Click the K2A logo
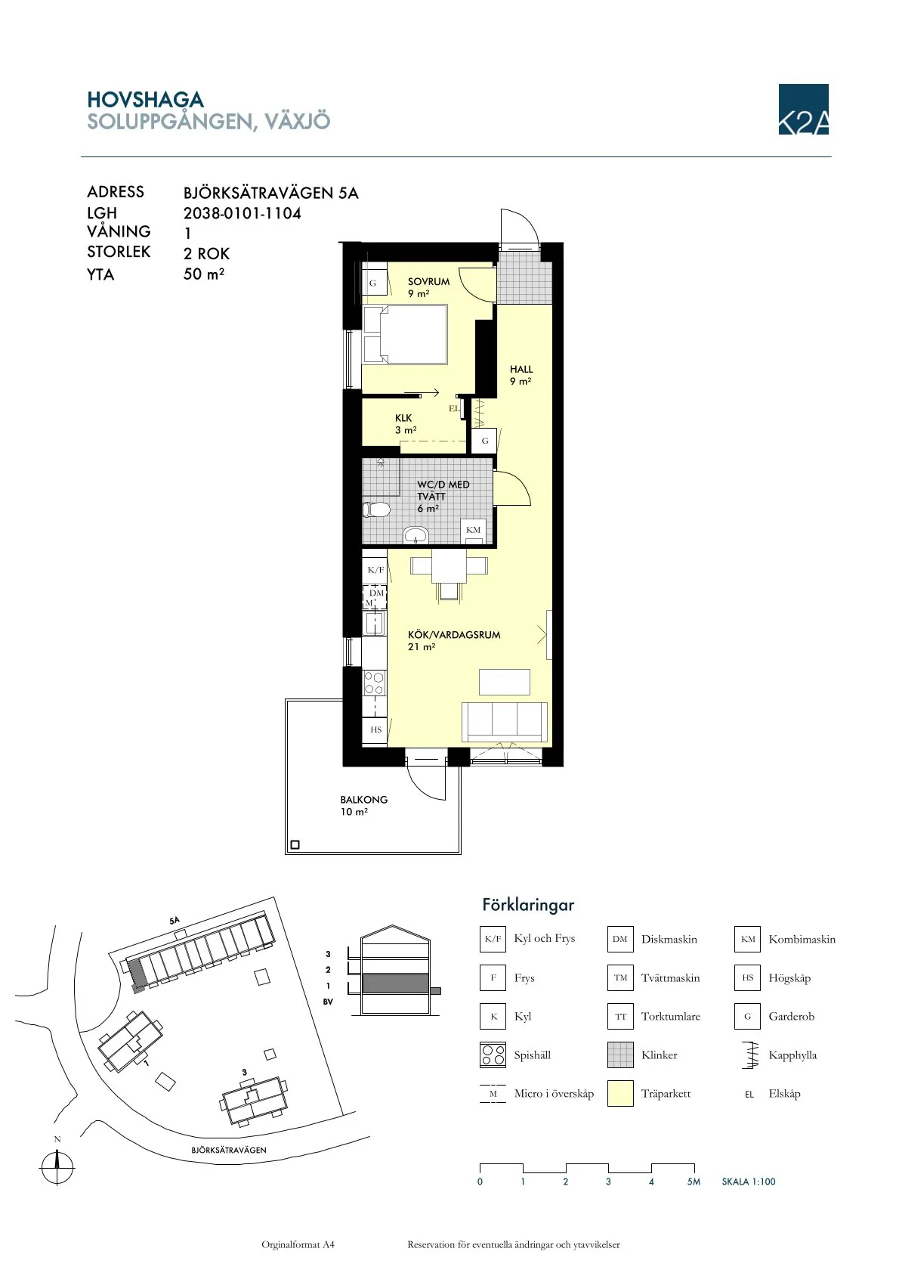[x=803, y=110]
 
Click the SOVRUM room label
[x=428, y=282]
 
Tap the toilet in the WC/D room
[x=375, y=510]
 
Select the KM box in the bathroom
[x=473, y=530]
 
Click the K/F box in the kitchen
[x=375, y=570]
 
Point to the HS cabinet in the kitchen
[x=375, y=729]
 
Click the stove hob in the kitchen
[x=374, y=683]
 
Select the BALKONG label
[x=363, y=800]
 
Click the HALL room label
[x=521, y=370]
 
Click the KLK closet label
[x=403, y=418]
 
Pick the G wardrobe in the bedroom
[x=372, y=283]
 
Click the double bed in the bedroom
[x=405, y=335]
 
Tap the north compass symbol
[x=57, y=1165]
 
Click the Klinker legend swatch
[x=620, y=1055]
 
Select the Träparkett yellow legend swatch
[x=620, y=1094]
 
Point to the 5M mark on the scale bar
[x=694, y=1182]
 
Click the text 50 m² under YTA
[x=204, y=274]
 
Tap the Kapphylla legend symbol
[x=748, y=1055]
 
